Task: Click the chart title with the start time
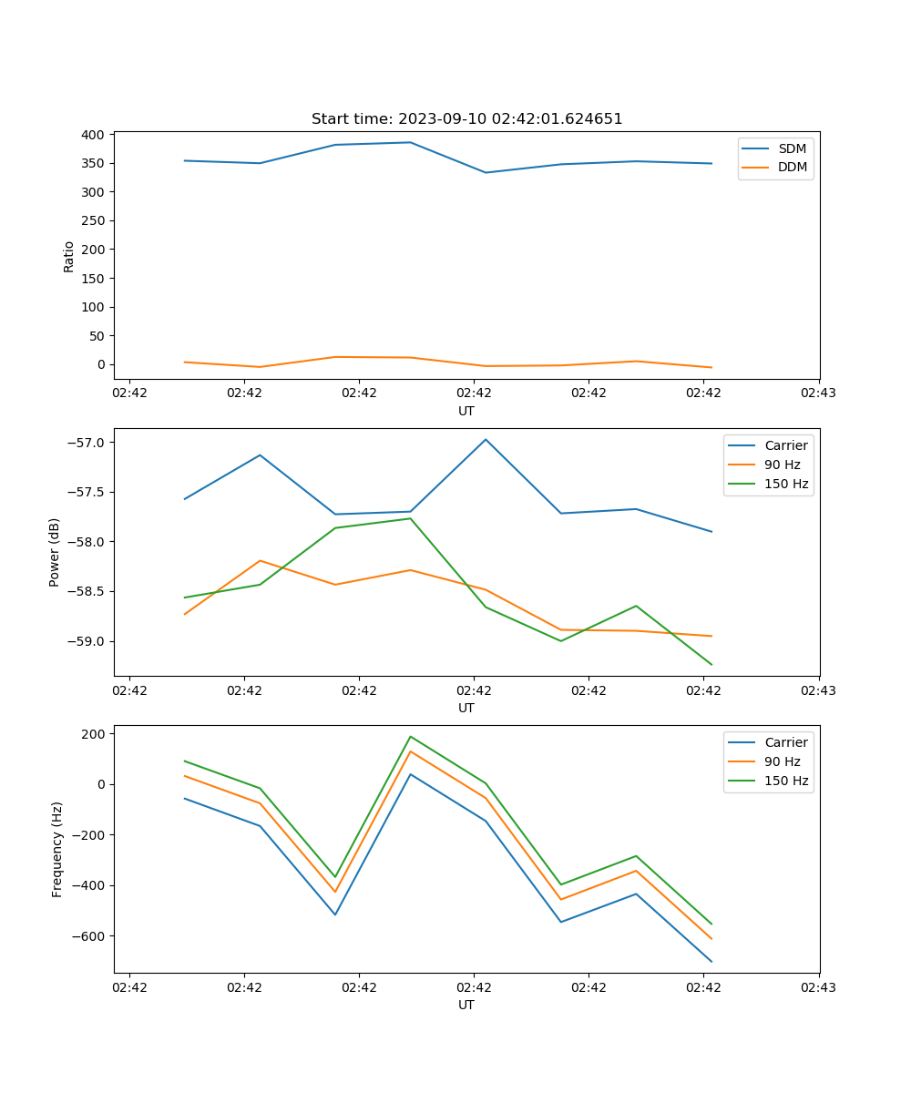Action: (466, 119)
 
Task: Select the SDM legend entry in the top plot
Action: (792, 148)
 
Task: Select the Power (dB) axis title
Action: (55, 552)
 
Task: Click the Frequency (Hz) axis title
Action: (57, 849)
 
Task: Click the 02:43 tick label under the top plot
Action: (818, 393)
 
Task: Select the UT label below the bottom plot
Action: (466, 1005)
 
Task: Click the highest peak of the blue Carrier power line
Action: (486, 439)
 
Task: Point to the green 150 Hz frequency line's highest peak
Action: (410, 736)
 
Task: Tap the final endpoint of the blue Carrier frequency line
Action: (711, 961)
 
